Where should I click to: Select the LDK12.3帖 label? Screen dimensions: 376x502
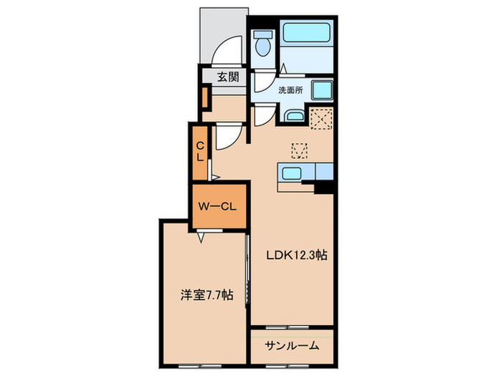298,255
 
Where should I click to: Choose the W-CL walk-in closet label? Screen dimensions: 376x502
218,207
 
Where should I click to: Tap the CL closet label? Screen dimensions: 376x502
202,152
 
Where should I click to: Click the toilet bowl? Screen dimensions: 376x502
262,46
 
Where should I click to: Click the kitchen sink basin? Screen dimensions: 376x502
292,173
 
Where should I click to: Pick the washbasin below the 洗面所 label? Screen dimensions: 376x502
294,115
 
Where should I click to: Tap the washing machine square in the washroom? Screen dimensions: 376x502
321,91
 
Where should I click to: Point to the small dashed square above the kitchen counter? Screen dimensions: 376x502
299,150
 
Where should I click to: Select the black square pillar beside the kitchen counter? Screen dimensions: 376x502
326,187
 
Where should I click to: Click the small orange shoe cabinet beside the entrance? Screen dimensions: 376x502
205,96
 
